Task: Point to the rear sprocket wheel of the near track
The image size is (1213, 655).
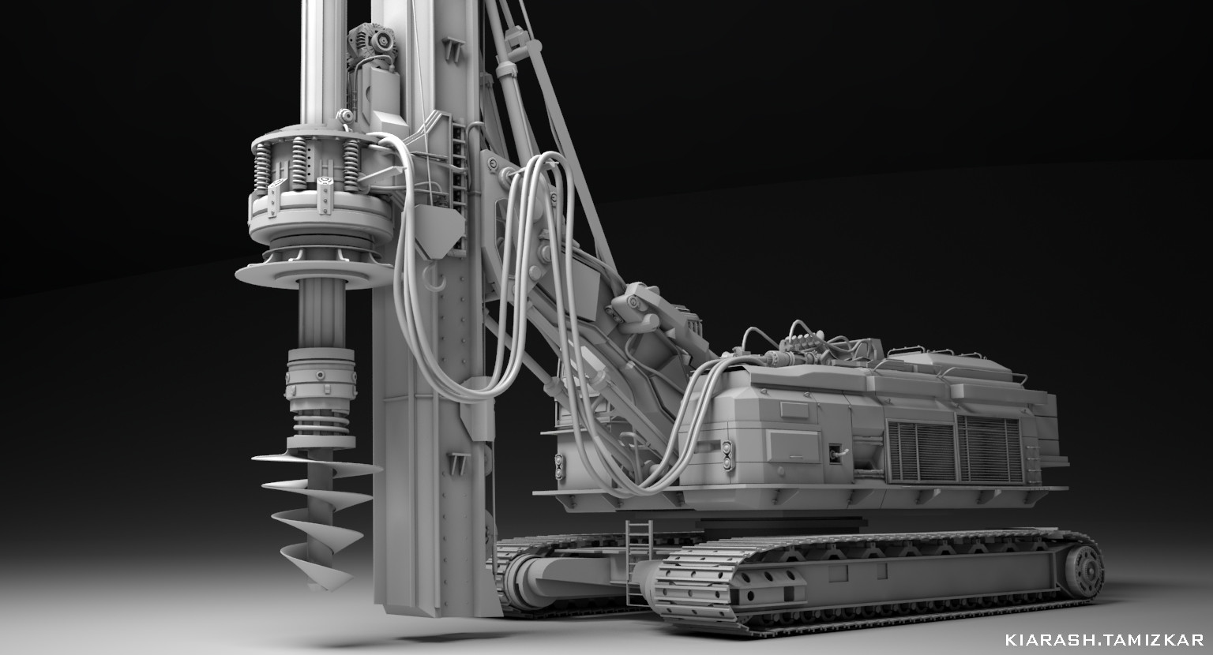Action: click(1083, 570)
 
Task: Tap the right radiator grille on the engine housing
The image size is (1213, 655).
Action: click(990, 450)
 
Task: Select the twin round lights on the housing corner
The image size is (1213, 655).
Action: click(727, 455)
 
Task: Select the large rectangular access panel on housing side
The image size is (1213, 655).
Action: click(794, 446)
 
